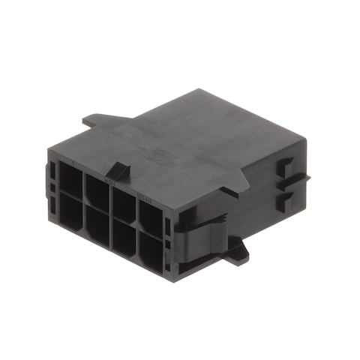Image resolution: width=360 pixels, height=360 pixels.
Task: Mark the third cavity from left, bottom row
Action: [122, 235]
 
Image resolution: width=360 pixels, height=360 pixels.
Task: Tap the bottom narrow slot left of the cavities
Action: [52, 203]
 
